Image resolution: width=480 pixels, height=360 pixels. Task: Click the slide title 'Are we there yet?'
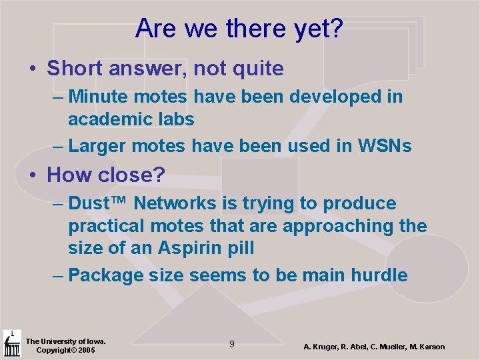239,28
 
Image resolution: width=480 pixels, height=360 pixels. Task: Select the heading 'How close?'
106,175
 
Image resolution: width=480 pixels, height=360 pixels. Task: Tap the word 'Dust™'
100,203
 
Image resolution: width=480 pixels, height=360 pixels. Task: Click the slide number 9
231,344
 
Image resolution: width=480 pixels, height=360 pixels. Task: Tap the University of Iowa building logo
12,343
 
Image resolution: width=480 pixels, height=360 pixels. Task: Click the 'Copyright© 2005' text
65,350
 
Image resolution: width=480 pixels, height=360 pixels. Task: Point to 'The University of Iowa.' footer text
65,341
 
